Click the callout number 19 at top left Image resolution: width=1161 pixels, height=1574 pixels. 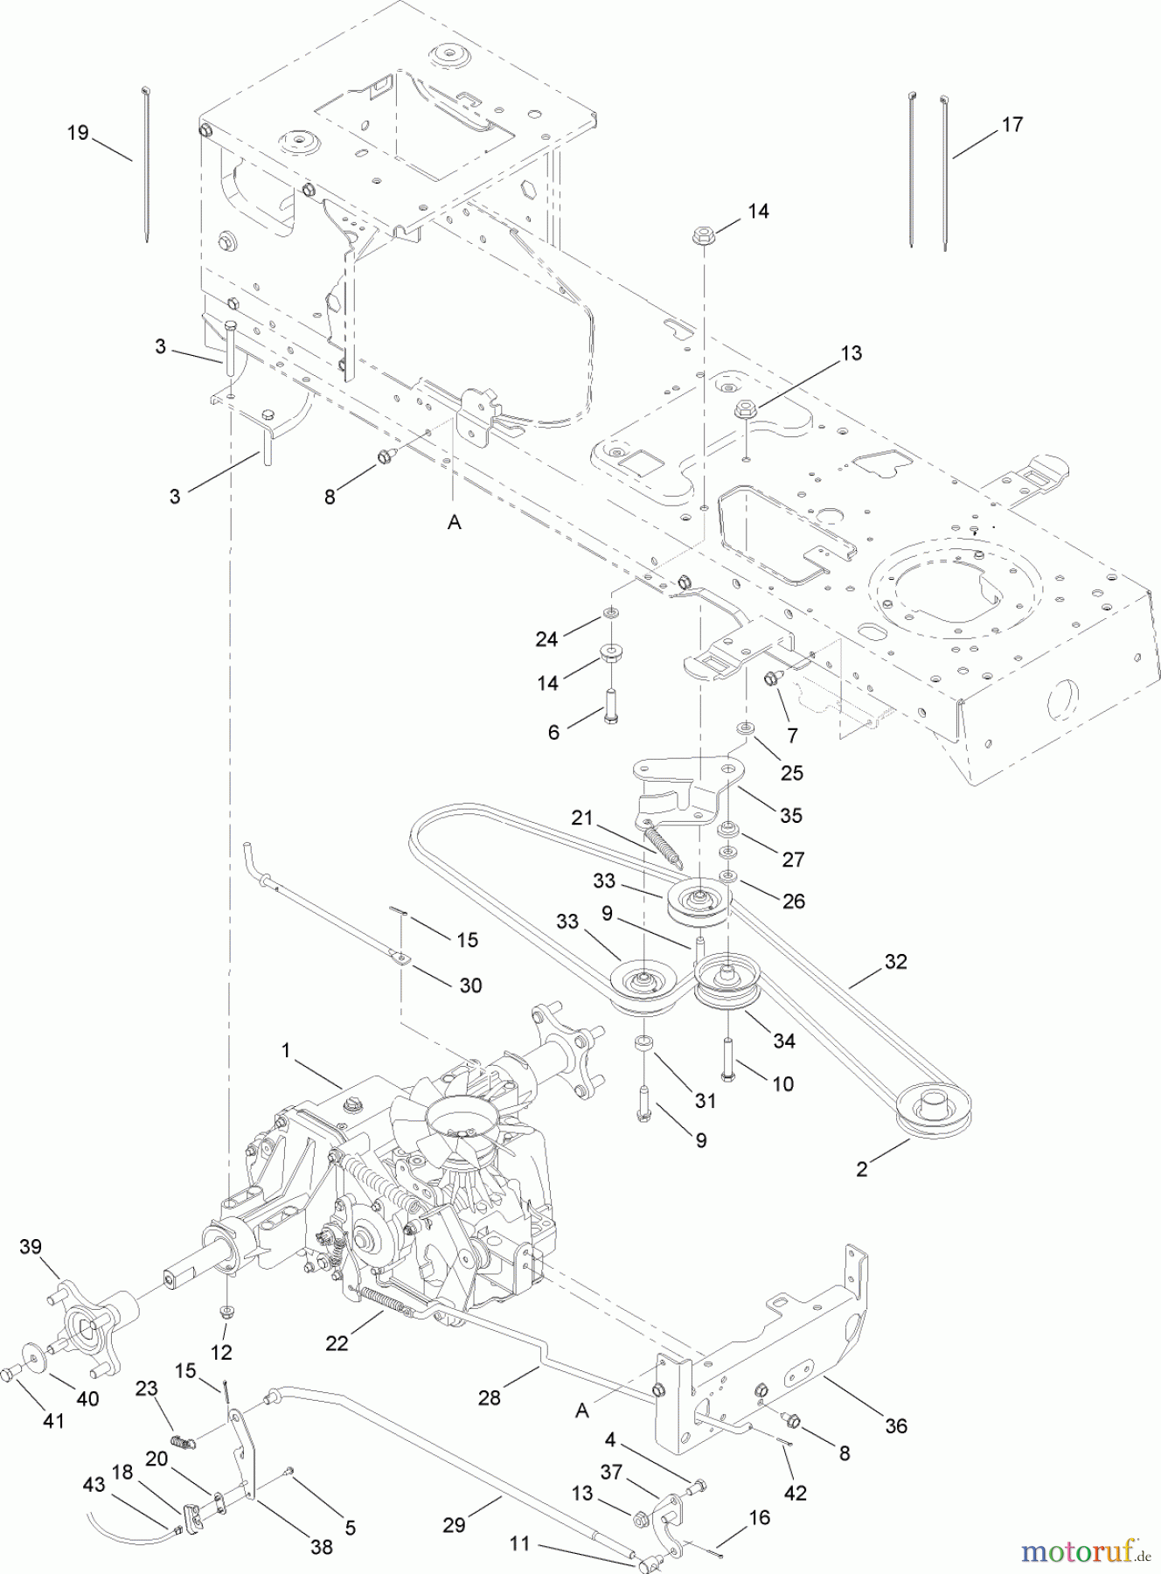pos(79,133)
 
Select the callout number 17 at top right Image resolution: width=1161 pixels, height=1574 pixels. pos(1012,125)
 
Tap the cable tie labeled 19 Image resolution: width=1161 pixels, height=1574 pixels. pos(145,166)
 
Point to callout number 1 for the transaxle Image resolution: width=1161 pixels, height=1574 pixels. pos(286,1050)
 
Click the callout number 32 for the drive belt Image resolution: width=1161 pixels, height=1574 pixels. pos(895,961)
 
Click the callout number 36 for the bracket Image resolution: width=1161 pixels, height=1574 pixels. pos(896,1425)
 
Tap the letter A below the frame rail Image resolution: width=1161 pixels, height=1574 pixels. pos(455,522)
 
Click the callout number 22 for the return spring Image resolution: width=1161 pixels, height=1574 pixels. pos(337,1342)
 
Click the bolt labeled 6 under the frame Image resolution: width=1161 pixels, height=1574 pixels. pos(609,702)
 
